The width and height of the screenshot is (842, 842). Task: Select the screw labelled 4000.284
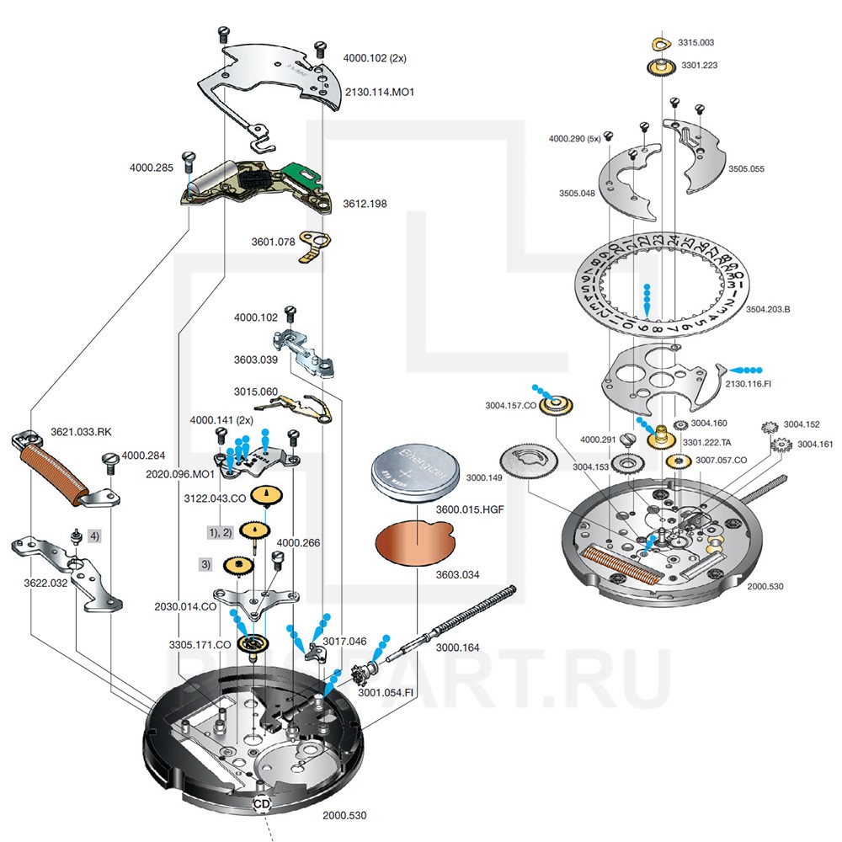110,460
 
